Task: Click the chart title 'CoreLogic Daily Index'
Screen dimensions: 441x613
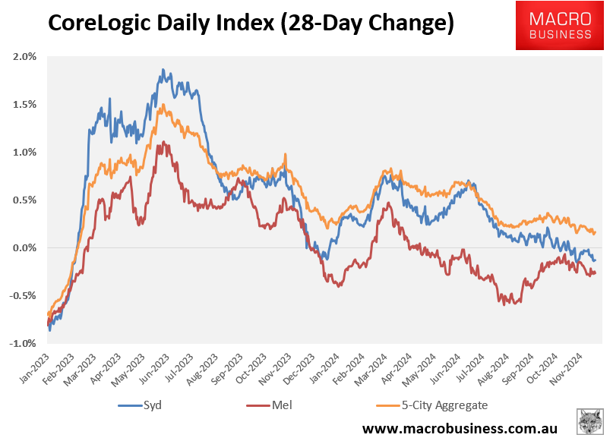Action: coord(251,24)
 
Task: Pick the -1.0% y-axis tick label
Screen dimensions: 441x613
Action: coord(24,344)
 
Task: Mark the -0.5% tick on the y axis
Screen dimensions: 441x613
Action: coord(24,296)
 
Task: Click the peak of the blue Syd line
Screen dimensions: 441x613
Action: coord(163,69)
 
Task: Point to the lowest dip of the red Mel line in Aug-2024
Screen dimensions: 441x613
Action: coord(502,304)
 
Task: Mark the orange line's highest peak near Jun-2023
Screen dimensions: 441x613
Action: coord(161,105)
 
